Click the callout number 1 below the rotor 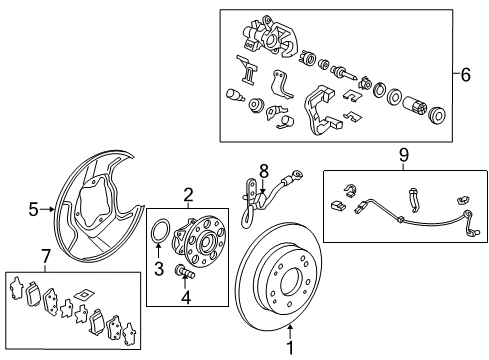pyautogui.click(x=290, y=348)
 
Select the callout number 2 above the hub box pyautogui.click(x=188, y=195)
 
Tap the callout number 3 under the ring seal pyautogui.click(x=159, y=269)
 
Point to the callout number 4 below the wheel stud pyautogui.click(x=186, y=298)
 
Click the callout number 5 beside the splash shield pyautogui.click(x=33, y=210)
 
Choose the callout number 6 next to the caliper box pyautogui.click(x=465, y=74)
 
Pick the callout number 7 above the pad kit pyautogui.click(x=46, y=256)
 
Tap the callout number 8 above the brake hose pyautogui.click(x=264, y=172)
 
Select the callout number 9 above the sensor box pyautogui.click(x=404, y=155)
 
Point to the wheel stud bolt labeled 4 pyautogui.click(x=184, y=271)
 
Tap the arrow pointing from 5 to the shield pyautogui.click(x=47, y=209)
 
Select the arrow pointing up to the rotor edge pyautogui.click(x=290, y=332)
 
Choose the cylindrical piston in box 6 pyautogui.click(x=414, y=106)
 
